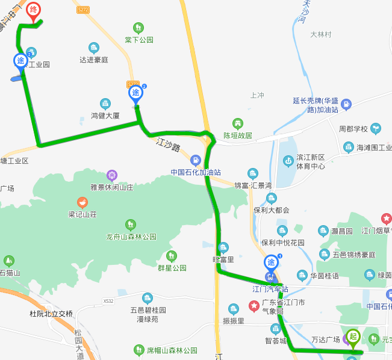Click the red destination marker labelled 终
pos(34,10)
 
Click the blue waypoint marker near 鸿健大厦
pos(136,94)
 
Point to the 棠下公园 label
pos(139,40)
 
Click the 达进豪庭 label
pos(93,60)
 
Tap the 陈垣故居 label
pos(238,135)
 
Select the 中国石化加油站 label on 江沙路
pos(196,172)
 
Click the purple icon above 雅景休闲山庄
pos(112,175)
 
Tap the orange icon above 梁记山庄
pos(82,202)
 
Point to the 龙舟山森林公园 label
pos(131,237)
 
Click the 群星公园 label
pos(172,268)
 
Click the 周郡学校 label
pos(353,129)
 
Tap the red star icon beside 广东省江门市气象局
pos(254,306)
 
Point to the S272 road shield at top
pos(83,10)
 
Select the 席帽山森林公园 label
pos(172,350)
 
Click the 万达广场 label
pos(326,340)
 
